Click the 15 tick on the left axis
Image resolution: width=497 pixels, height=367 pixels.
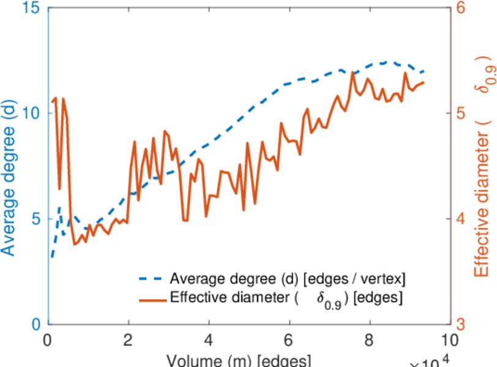tap(34, 8)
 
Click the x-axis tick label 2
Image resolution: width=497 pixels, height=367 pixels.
tap(129, 340)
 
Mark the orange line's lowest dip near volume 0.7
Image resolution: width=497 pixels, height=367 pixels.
tap(75, 245)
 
